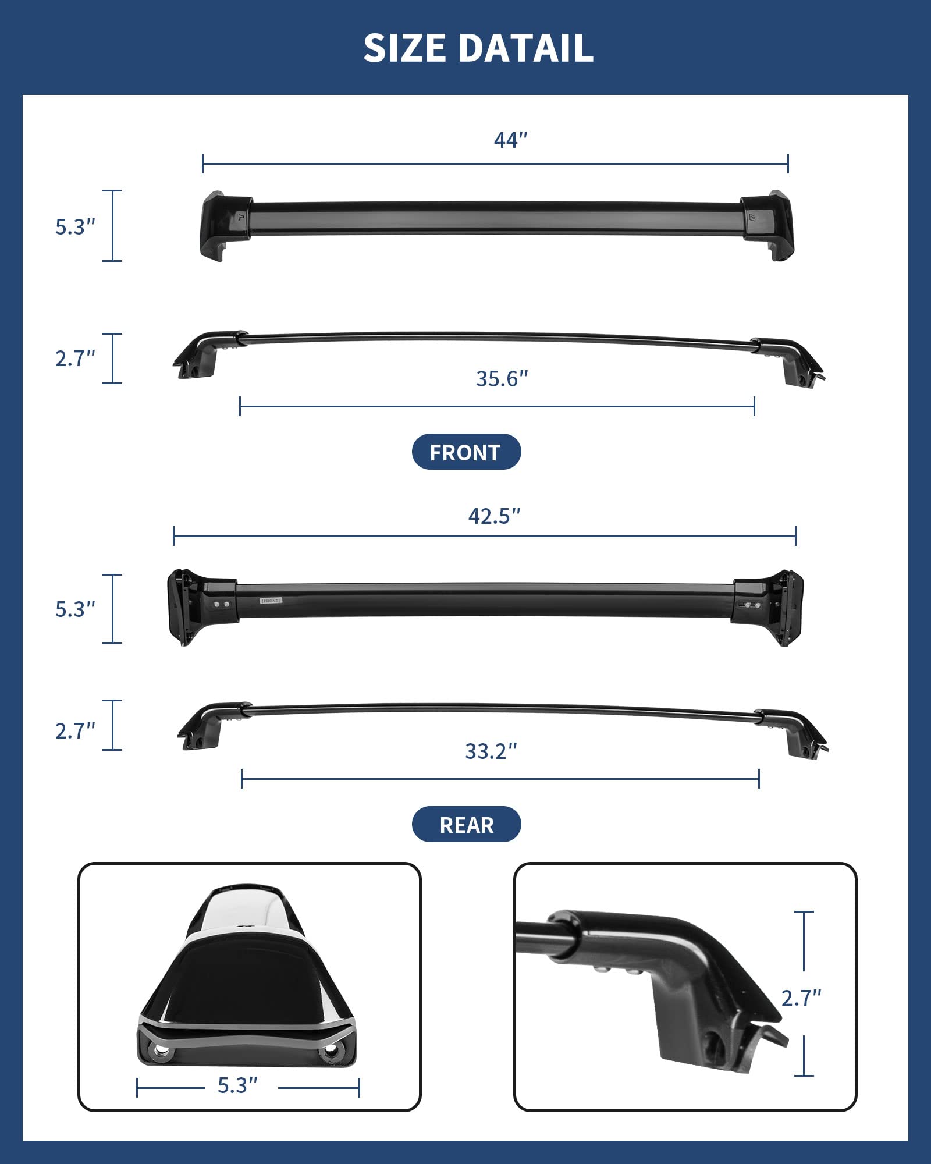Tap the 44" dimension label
click(510, 140)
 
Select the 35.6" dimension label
click(502, 379)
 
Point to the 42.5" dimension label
click(494, 516)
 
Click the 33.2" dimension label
click(491, 751)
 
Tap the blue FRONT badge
click(466, 452)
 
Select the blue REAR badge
click(466, 825)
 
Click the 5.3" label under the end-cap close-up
click(237, 1085)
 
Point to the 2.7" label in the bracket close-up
click(801, 998)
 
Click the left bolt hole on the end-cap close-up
click(159, 1051)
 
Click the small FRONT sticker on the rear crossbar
click(271, 600)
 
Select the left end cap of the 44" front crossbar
click(224, 225)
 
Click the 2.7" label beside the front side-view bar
click(75, 359)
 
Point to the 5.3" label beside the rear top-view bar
click(75, 609)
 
